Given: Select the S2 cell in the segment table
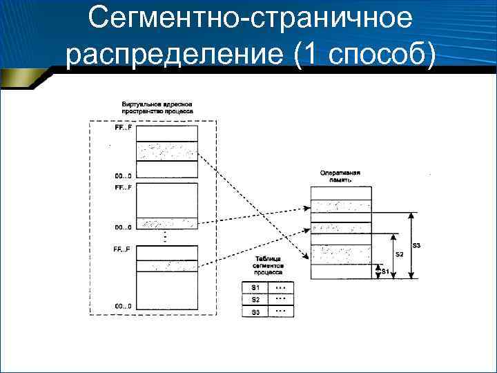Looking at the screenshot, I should click(x=255, y=300).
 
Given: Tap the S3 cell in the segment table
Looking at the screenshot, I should click(x=255, y=312).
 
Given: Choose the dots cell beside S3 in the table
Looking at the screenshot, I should click(x=280, y=312).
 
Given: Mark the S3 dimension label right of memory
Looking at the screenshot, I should click(x=418, y=245).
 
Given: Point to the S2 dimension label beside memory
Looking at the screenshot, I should click(x=400, y=254).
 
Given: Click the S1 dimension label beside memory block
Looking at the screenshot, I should click(x=385, y=271).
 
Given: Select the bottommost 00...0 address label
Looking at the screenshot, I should click(x=123, y=306).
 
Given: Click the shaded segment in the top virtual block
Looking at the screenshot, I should click(x=167, y=151).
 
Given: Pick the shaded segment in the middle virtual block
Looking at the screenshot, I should click(x=167, y=224).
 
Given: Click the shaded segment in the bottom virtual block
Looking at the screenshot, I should click(x=167, y=265).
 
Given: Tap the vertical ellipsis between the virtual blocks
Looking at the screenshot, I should click(x=166, y=237).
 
